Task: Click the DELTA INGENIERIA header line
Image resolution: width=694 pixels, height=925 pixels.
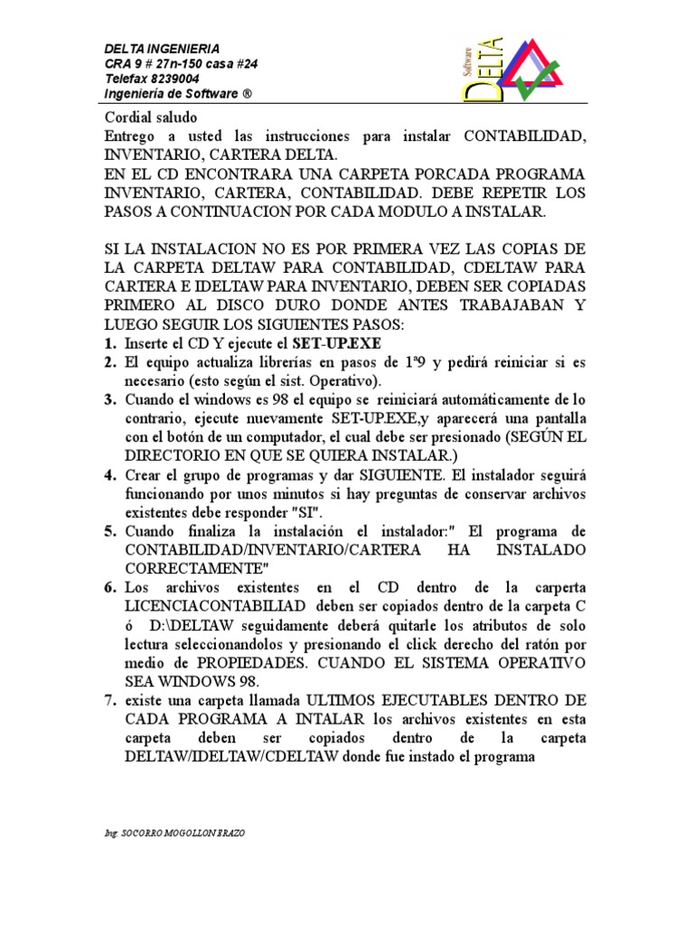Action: tap(162, 49)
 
